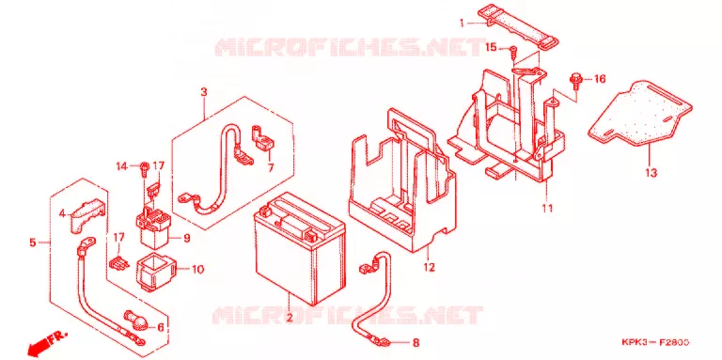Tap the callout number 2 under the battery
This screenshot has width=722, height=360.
[290, 318]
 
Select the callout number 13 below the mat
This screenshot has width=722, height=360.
[651, 173]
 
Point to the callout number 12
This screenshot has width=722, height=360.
[429, 267]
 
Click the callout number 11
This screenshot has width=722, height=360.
[546, 208]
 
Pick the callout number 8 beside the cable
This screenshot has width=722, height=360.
[416, 342]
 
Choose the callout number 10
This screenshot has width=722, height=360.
[197, 270]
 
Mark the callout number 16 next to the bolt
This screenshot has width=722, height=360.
[600, 80]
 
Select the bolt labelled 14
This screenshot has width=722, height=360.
[144, 167]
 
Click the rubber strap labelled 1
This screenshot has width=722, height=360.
[518, 27]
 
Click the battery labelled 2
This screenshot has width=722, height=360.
[300, 248]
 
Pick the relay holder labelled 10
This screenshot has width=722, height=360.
[156, 273]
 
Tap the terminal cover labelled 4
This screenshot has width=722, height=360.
[86, 216]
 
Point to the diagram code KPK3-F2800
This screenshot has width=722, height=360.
[655, 342]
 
